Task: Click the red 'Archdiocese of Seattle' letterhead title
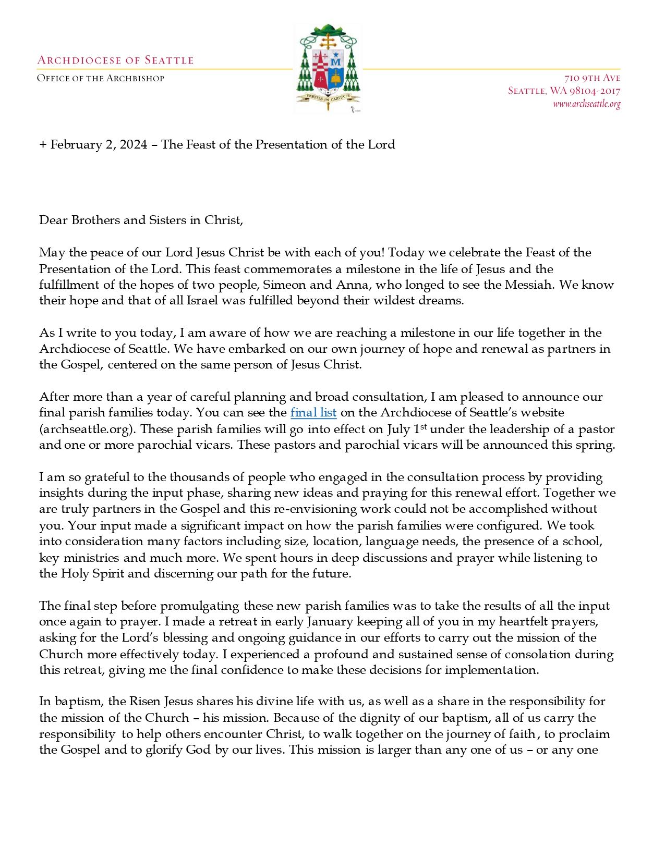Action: click(x=115, y=60)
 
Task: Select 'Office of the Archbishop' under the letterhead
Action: click(x=101, y=79)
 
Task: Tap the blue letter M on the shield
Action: click(x=336, y=62)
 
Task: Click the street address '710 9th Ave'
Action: click(x=592, y=78)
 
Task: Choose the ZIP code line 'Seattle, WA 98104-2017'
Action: click(x=564, y=91)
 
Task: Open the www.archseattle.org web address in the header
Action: click(x=586, y=104)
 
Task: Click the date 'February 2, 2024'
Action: click(x=99, y=144)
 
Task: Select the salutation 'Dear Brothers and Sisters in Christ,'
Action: click(x=141, y=220)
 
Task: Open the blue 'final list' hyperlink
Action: click(x=313, y=412)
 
